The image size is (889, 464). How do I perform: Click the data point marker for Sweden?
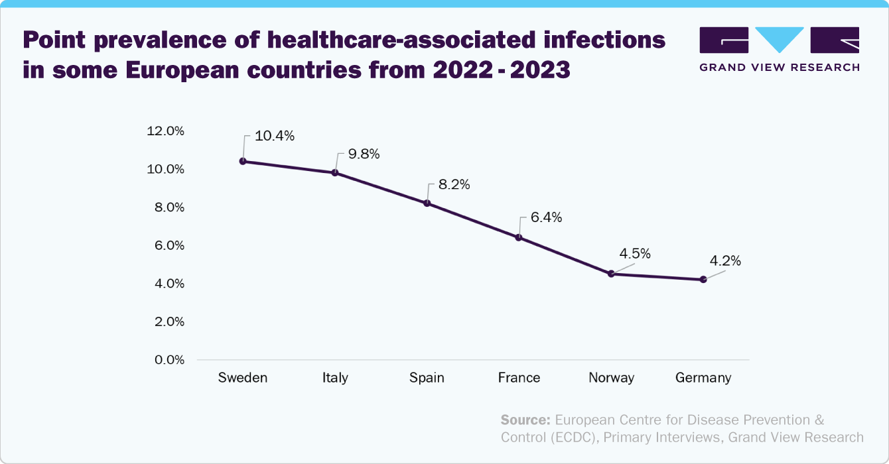[x=243, y=161]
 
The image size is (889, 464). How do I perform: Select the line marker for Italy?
[x=335, y=172]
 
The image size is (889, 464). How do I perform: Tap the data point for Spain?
[x=427, y=203]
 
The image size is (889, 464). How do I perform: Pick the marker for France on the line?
[x=519, y=237]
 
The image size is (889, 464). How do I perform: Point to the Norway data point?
[x=611, y=274]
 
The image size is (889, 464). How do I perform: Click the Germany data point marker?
[x=703, y=279]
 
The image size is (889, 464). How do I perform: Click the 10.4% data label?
[x=274, y=137]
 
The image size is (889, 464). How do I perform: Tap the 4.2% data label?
[x=725, y=261]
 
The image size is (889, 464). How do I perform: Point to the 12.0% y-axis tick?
[x=165, y=131]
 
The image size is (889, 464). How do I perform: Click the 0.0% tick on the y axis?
[x=169, y=360]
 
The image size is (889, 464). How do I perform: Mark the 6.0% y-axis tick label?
[x=169, y=245]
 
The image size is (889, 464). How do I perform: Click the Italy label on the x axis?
[x=335, y=378]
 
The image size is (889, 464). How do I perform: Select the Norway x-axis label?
[x=611, y=378]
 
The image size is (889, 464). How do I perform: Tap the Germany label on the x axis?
[x=703, y=378]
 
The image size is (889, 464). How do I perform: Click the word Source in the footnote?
[x=525, y=420]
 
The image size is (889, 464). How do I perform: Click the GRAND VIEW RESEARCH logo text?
[x=780, y=67]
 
